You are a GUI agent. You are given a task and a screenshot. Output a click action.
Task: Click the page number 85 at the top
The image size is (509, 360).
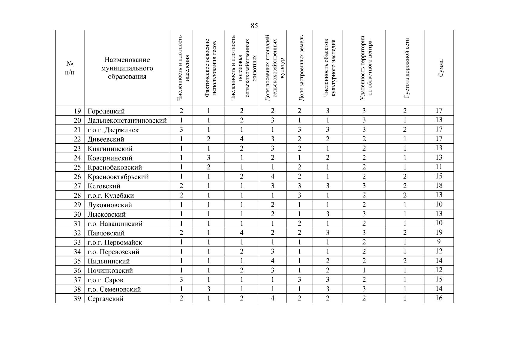[x=254, y=26]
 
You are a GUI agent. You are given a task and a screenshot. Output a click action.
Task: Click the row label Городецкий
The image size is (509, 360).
[x=106, y=111]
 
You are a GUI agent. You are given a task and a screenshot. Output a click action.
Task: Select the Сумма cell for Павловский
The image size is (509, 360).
[x=439, y=232]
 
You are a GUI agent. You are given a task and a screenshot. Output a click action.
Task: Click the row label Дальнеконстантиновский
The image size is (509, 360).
[x=127, y=121]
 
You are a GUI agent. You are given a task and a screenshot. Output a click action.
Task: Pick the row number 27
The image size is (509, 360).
[x=77, y=186]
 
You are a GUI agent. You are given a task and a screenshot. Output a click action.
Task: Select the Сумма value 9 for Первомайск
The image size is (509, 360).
[x=439, y=241]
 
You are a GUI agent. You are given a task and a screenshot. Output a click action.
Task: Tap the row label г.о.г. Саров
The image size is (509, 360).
[x=105, y=280]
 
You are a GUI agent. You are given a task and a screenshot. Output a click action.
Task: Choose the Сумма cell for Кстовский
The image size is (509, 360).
[x=439, y=185]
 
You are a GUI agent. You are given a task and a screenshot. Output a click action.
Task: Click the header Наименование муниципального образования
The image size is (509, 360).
[x=127, y=68]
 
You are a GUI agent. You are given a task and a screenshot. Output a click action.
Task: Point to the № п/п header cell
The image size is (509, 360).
[x=70, y=68]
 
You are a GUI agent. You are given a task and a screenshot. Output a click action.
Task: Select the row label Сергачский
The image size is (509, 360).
[x=106, y=299]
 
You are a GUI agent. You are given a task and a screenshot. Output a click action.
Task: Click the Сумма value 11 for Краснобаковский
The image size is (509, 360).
[x=439, y=167]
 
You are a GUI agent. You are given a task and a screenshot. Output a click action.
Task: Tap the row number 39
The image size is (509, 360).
[x=77, y=299]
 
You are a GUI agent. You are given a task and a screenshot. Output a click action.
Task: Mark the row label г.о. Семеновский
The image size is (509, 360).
[x=114, y=289]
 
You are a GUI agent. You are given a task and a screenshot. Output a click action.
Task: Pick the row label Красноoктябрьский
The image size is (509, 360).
[x=118, y=177]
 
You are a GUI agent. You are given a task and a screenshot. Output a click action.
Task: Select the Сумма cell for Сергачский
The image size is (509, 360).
[x=439, y=298]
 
